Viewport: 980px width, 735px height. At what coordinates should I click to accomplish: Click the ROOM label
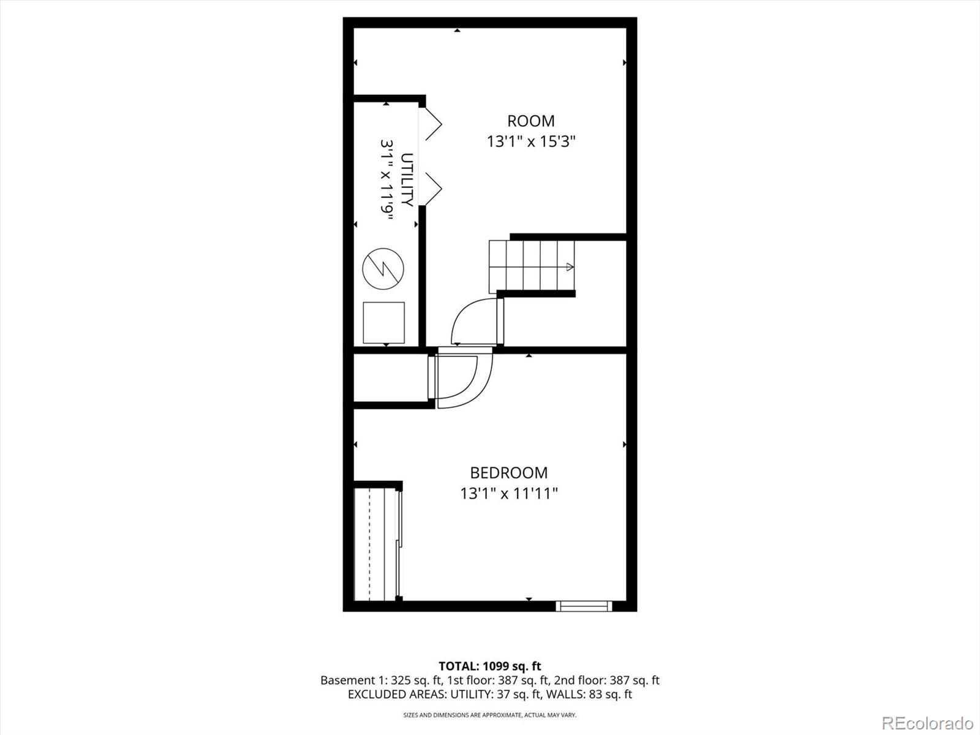point(530,121)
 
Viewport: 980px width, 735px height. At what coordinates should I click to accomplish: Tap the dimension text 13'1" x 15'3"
point(531,141)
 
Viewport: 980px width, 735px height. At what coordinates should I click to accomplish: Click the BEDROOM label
point(508,473)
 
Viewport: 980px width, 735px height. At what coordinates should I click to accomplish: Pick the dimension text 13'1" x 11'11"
point(509,493)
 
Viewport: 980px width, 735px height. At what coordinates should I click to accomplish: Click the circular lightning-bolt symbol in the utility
point(383,269)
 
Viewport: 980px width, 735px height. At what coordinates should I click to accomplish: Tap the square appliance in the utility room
point(384,322)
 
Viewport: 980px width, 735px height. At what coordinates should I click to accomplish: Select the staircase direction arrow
point(568,267)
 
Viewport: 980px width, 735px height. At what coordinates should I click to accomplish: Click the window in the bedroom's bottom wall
point(584,606)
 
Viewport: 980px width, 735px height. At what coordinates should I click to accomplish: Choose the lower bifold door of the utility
point(433,187)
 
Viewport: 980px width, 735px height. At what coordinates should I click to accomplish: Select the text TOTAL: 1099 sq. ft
point(489,666)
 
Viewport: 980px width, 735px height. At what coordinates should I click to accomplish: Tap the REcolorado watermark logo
point(927,723)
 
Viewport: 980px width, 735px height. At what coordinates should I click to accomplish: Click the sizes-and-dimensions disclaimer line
point(489,715)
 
